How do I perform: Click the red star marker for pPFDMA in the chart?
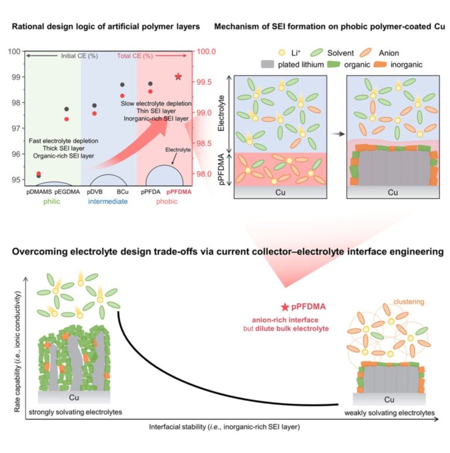[x=178, y=77]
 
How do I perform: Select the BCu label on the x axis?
[x=122, y=191]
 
